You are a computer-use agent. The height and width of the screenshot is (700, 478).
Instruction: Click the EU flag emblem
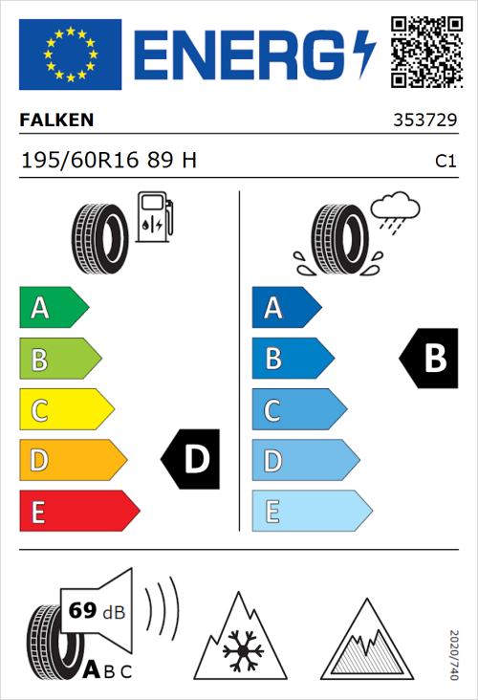click(70, 55)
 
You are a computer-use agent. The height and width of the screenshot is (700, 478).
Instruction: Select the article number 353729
click(424, 121)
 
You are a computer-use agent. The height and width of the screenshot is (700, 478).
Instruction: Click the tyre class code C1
click(445, 162)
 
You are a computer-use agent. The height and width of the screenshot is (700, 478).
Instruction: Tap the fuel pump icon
click(154, 217)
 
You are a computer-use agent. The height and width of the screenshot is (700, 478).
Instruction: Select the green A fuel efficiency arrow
click(53, 308)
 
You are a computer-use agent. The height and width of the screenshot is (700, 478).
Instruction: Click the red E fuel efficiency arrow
click(78, 512)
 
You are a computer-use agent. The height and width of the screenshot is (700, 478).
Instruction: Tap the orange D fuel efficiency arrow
click(72, 461)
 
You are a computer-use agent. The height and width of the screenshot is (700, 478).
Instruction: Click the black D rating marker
click(190, 460)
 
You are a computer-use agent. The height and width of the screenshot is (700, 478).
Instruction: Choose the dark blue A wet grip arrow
click(286, 308)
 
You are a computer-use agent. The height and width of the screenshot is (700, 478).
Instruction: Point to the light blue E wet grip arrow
click(311, 512)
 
